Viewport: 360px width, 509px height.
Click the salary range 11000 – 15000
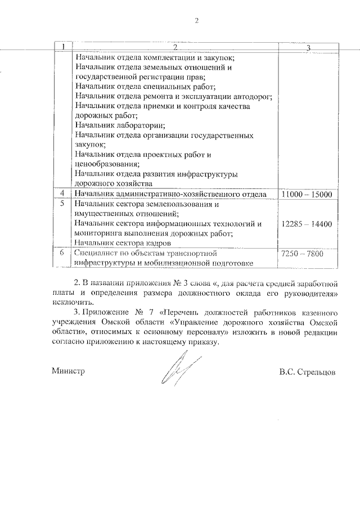coord(307,194)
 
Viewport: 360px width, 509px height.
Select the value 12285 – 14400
coord(307,224)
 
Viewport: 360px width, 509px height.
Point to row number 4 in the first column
coord(62,194)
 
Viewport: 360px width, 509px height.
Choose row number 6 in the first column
coord(62,253)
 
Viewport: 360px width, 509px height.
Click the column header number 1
coord(64,46)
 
